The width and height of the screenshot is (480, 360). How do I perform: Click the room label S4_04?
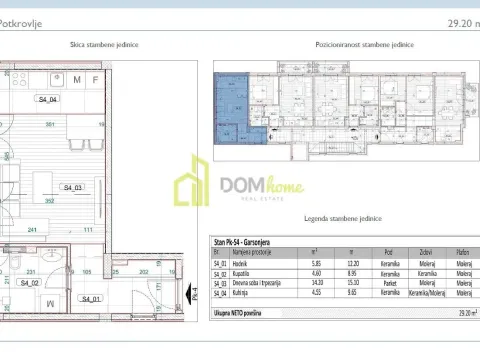(x=47, y=100)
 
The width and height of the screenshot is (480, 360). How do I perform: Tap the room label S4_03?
(x=72, y=187)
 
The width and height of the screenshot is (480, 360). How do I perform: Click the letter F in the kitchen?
(x=94, y=79)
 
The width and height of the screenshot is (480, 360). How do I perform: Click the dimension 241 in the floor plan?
(x=32, y=231)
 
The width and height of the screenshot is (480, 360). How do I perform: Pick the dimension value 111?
(x=88, y=231)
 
